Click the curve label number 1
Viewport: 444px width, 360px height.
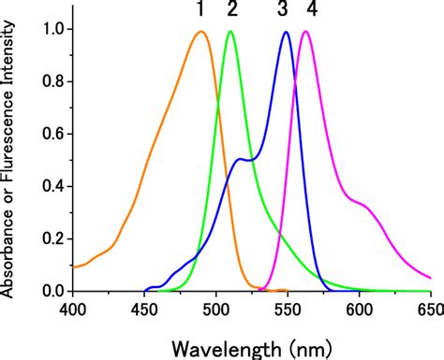(200, 11)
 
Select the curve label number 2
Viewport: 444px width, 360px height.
(231, 11)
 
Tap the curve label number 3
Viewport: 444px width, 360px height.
(284, 11)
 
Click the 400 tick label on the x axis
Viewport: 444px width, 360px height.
(72, 309)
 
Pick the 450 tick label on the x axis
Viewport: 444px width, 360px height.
(144, 309)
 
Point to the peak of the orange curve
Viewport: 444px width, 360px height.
(200, 32)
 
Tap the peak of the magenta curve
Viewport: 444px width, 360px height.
(305, 32)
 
